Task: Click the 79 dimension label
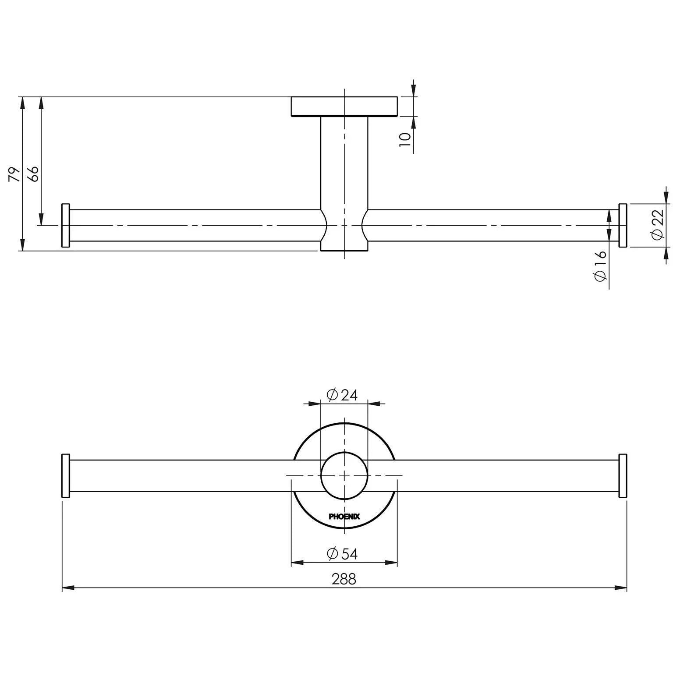(x=14, y=174)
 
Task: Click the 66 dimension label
(x=34, y=174)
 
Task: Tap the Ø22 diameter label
(x=658, y=225)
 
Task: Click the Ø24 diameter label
(x=343, y=395)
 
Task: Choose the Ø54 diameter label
(x=343, y=554)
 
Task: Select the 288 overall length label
(x=344, y=579)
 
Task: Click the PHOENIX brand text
(x=344, y=517)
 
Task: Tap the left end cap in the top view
(x=66, y=225)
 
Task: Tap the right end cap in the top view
(x=623, y=225)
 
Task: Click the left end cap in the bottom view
(x=66, y=476)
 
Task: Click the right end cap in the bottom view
(x=623, y=476)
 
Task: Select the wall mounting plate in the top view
(x=344, y=106)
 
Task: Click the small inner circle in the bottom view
(x=344, y=476)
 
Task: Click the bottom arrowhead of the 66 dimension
(x=41, y=220)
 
